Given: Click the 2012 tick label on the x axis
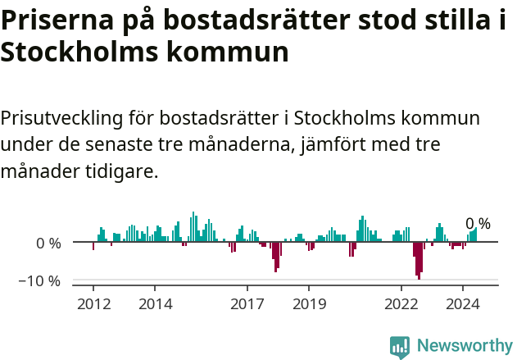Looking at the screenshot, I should [93, 304].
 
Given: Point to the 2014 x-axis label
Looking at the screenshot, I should [155, 304].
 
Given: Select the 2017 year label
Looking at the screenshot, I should [247, 304].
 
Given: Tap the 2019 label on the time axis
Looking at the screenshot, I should [308, 304].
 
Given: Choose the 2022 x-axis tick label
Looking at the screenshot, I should [401, 304].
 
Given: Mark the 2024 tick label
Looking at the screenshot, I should [462, 304].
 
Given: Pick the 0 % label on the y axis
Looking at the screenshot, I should [48, 243].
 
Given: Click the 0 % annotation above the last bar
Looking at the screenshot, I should [478, 223].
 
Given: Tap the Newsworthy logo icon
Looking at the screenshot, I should [400, 346].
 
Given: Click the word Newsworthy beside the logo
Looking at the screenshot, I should [464, 346].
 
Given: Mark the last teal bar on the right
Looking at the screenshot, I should [475, 235].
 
